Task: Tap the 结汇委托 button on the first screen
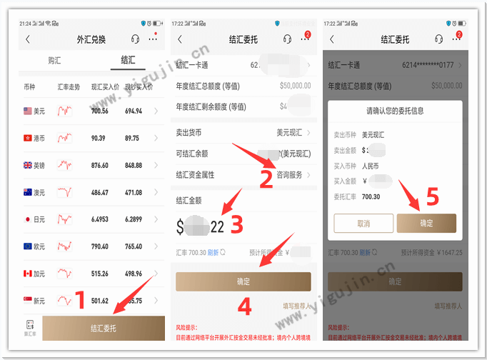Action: [103, 329]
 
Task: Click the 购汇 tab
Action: [55, 61]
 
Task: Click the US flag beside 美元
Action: [29, 111]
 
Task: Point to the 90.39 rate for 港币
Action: [99, 138]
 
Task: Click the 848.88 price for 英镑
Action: [134, 165]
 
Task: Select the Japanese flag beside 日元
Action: [29, 219]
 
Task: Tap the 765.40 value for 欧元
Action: [134, 246]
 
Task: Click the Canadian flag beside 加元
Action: [29, 274]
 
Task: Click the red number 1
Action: [80, 299]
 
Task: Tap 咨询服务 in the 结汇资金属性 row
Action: [289, 174]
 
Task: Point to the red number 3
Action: [236, 225]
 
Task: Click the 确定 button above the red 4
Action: [243, 281]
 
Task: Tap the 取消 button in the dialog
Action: [363, 224]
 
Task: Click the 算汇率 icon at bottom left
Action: [29, 326]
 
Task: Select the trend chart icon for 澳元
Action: [65, 192]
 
